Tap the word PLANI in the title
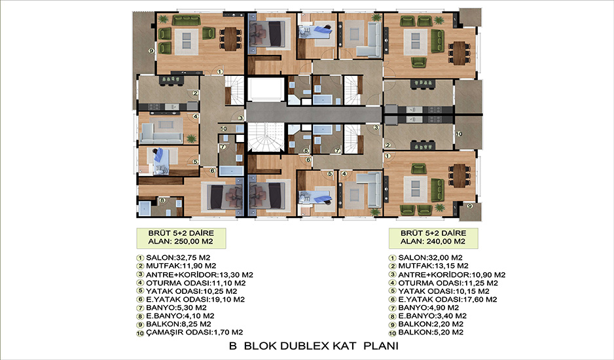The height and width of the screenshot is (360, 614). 381,346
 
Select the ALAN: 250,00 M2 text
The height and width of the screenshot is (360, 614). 181,242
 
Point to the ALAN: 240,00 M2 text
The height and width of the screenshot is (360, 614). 433,242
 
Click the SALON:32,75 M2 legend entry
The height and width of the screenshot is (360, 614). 178,258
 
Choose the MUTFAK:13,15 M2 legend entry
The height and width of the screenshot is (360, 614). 433,266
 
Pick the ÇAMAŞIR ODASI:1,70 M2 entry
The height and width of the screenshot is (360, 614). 194,333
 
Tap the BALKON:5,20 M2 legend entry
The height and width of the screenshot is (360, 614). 431,333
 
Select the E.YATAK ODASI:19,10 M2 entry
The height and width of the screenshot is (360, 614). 196,299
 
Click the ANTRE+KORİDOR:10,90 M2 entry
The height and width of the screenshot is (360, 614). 452,275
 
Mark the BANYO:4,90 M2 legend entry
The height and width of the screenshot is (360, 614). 428,308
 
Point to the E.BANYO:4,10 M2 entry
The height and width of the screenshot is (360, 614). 180,315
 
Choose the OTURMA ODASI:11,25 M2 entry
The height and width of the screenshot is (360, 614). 448,283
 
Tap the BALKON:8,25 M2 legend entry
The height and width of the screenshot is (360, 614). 179,324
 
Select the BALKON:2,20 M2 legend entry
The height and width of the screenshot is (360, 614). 431,324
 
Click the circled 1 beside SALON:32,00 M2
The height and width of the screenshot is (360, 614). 392,258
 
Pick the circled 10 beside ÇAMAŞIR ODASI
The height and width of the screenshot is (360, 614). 140,333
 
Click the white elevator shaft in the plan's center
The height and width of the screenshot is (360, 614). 266,89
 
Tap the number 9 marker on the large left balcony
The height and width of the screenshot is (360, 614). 151,50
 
